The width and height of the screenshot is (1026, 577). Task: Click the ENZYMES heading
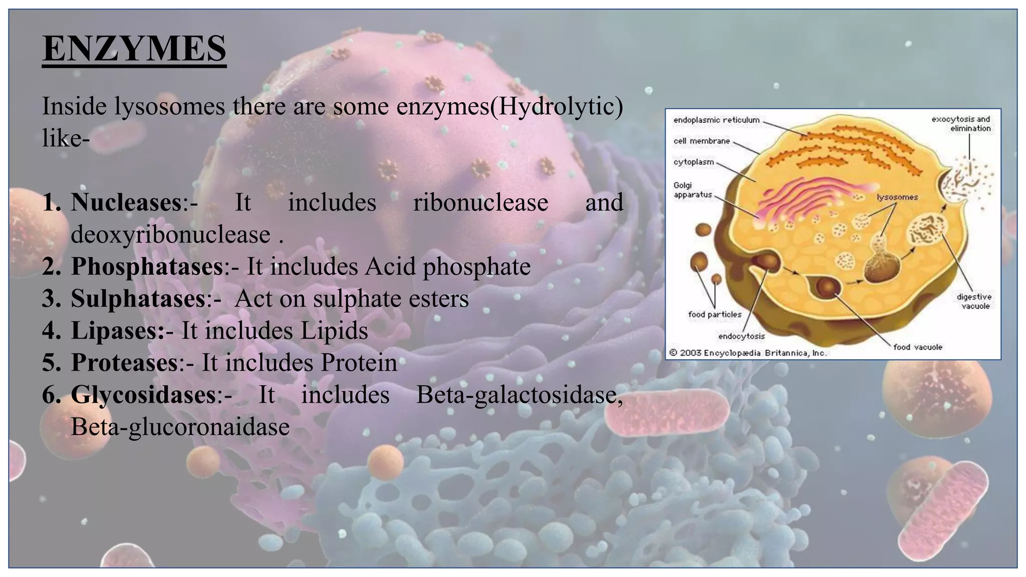click(134, 49)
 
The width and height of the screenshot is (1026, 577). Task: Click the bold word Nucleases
click(126, 202)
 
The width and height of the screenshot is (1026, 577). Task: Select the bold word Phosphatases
click(147, 266)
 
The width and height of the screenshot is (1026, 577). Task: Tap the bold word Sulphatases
click(138, 299)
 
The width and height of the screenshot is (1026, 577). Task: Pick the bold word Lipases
click(117, 331)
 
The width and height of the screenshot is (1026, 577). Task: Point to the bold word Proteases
click(124, 363)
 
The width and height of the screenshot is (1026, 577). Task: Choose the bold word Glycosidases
click(143, 395)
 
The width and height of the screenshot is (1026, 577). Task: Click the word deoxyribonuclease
click(170, 234)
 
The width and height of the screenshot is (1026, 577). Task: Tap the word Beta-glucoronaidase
click(180, 427)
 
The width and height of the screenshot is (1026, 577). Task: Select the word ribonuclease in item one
click(480, 202)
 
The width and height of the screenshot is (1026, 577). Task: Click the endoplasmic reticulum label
click(716, 120)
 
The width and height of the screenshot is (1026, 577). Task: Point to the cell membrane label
click(701, 141)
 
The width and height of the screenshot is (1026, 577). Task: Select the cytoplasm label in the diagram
click(693, 162)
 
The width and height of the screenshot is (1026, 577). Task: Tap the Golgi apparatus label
click(692, 190)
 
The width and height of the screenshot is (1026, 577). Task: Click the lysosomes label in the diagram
click(897, 197)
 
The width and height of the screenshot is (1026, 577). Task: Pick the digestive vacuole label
click(974, 301)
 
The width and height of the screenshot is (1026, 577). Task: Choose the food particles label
click(714, 315)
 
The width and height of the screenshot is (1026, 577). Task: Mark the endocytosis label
click(741, 336)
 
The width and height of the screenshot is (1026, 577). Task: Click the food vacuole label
click(918, 347)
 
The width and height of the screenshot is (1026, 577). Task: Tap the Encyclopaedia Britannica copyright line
click(748, 353)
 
